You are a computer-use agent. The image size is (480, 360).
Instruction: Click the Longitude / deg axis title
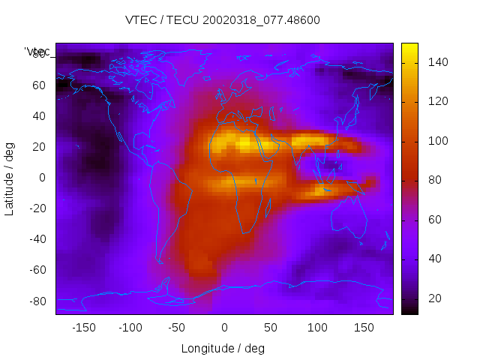pyautogui.click(x=223, y=348)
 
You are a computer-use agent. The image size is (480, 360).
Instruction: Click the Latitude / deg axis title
pyautogui.click(x=10, y=177)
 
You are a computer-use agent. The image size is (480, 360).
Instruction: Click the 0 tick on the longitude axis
pyautogui.click(x=224, y=327)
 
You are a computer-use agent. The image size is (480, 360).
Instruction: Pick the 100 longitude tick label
pyautogui.click(x=317, y=327)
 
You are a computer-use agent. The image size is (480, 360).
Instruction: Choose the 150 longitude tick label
pyautogui.click(x=364, y=327)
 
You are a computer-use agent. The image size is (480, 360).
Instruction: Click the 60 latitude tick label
pyautogui.click(x=38, y=85)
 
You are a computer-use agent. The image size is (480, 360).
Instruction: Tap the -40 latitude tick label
pyautogui.click(x=35, y=239)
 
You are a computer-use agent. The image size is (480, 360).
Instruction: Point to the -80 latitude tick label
pyautogui.click(x=35, y=301)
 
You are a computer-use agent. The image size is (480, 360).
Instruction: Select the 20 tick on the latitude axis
pyautogui.click(x=38, y=147)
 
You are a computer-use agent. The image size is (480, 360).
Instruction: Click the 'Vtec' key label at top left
pyautogui.click(x=37, y=51)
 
